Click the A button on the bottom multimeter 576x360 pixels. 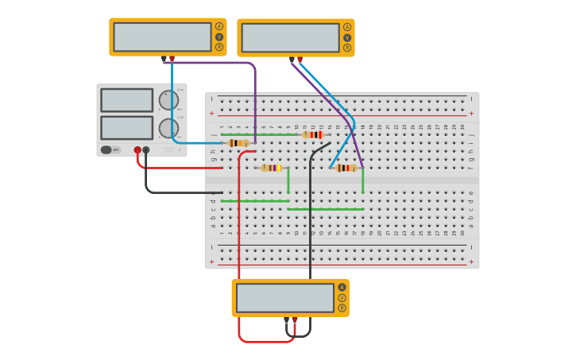click(342, 288)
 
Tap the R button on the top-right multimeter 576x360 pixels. click(347, 48)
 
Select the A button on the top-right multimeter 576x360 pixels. click(347, 27)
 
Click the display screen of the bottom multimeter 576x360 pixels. click(285, 298)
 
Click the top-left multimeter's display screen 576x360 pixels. click(162, 37)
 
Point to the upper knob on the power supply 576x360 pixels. click(168, 100)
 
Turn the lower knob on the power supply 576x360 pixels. click(168, 128)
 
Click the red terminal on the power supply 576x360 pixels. click(137, 149)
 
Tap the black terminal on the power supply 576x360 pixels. click(146, 149)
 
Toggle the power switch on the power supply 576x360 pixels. click(106, 149)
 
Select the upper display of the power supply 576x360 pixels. click(127, 100)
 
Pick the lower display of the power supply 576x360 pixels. click(127, 127)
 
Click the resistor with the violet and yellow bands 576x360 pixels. click(271, 168)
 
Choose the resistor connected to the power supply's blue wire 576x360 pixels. click(238, 143)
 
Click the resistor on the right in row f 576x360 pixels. click(346, 168)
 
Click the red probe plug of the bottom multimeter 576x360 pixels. click(295, 319)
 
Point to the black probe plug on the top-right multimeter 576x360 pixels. click(292, 60)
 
